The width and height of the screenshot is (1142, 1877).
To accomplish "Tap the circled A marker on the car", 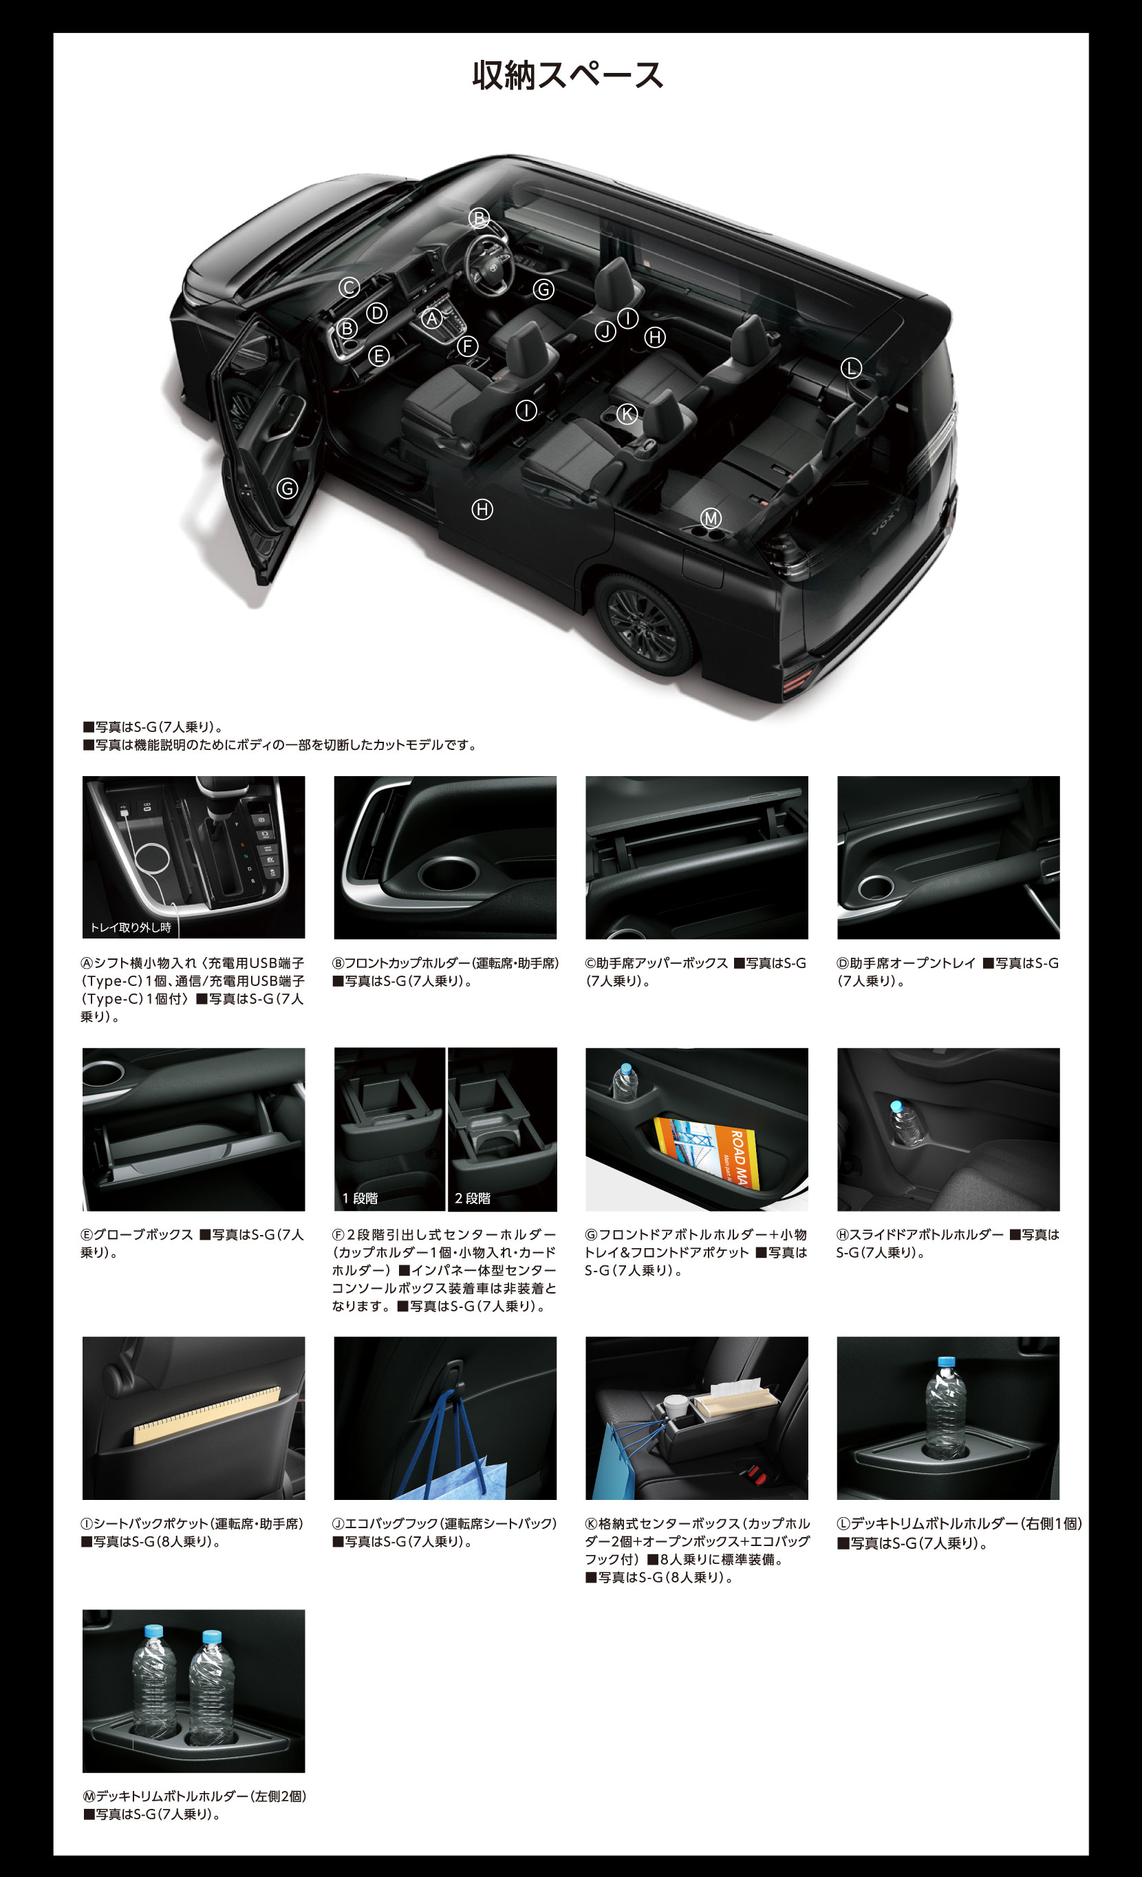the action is coord(433,319).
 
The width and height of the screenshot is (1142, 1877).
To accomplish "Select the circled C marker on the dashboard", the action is coord(349,287).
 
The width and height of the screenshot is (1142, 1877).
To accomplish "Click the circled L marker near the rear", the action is coord(851,368).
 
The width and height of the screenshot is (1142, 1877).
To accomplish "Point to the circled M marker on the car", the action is coord(711,519).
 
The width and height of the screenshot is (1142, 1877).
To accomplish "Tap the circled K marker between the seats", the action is coord(627,414).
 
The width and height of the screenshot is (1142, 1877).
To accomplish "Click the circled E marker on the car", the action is coord(378,356).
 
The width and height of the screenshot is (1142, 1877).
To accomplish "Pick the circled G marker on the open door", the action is coord(287,489).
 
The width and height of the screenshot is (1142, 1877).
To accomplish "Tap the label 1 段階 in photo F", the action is coord(360,1199).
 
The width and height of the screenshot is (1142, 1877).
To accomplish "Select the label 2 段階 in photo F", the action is coord(473,1199).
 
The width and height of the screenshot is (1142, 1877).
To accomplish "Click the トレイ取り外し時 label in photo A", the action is coord(130,927).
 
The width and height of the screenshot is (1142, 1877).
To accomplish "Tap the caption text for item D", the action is coord(949,972).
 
